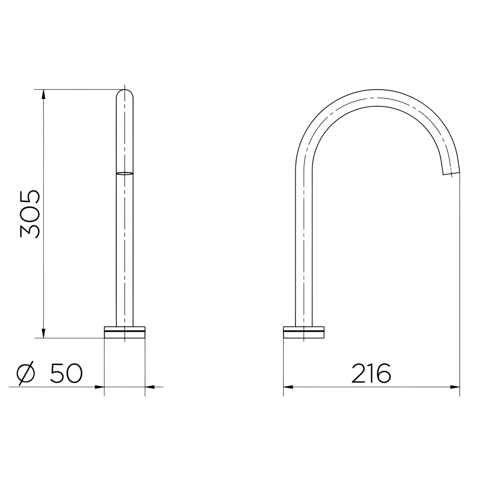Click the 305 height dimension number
click(30, 214)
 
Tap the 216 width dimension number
click(371, 373)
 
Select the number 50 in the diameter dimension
click(66, 373)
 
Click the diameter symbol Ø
click(25, 373)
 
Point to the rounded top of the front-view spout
click(125, 93)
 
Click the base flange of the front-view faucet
click(125, 332)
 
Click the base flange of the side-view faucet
click(304, 332)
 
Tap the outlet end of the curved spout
click(451, 173)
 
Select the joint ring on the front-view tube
click(125, 173)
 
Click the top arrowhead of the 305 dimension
click(43, 94)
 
